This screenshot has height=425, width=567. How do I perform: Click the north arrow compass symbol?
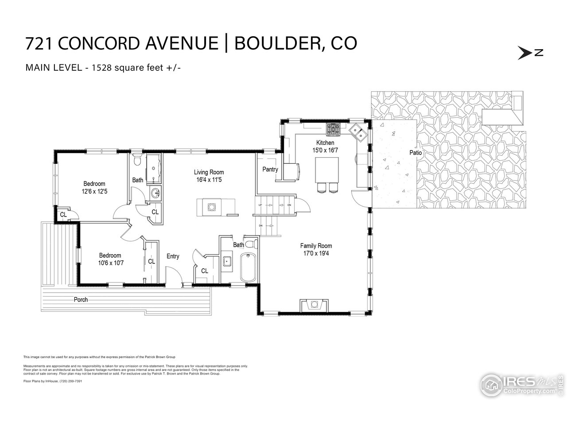click(x=530, y=52)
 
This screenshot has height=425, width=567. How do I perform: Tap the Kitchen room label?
click(x=325, y=143)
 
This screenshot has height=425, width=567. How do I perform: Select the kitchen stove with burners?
click(x=333, y=129)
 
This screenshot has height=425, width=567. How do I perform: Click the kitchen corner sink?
click(x=358, y=132)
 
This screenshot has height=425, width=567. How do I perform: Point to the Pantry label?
click(x=270, y=169)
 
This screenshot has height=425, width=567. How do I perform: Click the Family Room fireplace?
click(x=314, y=305)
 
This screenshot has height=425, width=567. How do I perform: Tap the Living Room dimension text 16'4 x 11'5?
click(x=209, y=180)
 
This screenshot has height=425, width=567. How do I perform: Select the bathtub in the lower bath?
click(x=248, y=267)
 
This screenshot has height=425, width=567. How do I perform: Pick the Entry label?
click(x=173, y=256)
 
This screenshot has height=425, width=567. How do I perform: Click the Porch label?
click(x=81, y=300)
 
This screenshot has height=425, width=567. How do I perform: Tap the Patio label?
click(x=416, y=153)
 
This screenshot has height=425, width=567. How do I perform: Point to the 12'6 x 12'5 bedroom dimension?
click(x=94, y=192)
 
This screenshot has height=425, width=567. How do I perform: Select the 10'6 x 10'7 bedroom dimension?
click(x=110, y=263)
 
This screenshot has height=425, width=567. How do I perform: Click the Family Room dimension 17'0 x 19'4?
click(x=316, y=254)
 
